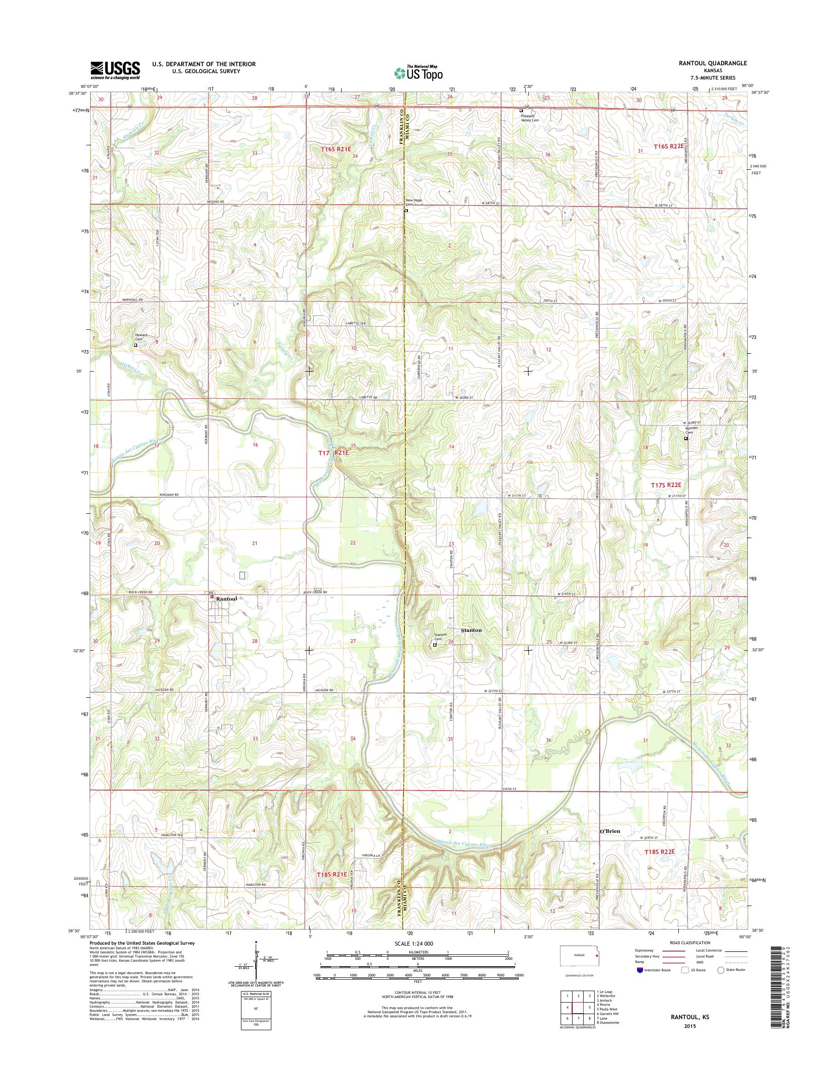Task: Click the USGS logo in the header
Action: pyautogui.click(x=115, y=70)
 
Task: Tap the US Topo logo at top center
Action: pyautogui.click(x=418, y=72)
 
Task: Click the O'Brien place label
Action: pyautogui.click(x=610, y=831)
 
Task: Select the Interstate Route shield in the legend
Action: pyautogui.click(x=640, y=969)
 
